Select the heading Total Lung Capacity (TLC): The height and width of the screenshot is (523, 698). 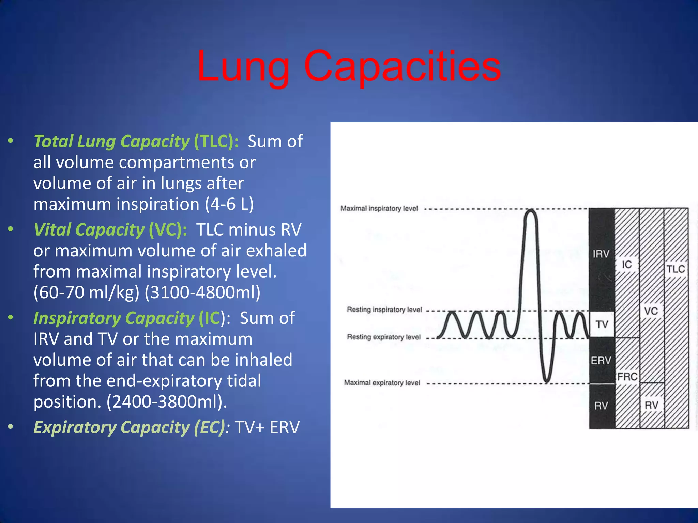(x=136, y=141)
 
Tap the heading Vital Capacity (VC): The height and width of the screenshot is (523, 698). (x=110, y=229)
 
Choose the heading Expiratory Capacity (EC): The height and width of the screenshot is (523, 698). (x=132, y=427)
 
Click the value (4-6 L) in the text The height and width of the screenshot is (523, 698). (x=229, y=204)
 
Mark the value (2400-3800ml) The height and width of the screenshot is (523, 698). (x=166, y=402)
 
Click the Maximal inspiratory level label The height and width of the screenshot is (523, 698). (x=379, y=208)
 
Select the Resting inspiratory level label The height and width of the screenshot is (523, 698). (x=384, y=310)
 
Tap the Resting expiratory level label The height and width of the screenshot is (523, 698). (x=384, y=337)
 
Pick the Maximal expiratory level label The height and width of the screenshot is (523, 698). (x=382, y=383)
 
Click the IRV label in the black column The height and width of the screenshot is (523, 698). (x=601, y=254)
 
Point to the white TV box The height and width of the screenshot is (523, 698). (x=602, y=324)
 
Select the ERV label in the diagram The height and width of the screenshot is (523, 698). (x=601, y=360)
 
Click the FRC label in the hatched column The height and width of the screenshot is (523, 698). (x=627, y=377)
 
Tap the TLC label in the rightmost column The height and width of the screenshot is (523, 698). (x=676, y=269)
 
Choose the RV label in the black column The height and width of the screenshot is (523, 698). (x=601, y=406)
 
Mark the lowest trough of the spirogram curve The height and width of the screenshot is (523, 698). (x=546, y=380)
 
